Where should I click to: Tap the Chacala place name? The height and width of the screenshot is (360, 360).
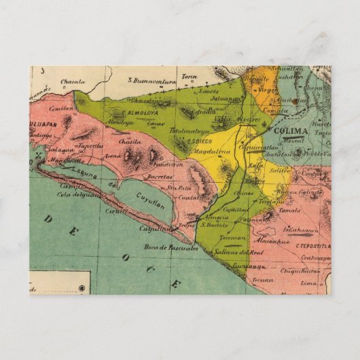[73, 82]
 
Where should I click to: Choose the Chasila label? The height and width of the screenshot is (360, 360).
[130, 141]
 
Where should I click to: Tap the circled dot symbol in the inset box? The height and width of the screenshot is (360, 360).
[82, 289]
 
